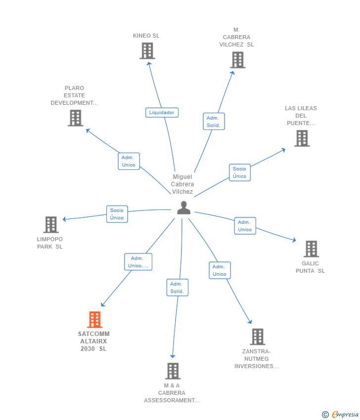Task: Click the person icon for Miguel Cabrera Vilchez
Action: pyautogui.click(x=183, y=208)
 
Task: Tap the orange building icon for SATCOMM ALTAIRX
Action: pyautogui.click(x=94, y=320)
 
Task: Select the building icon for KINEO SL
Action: pyautogui.click(x=147, y=51)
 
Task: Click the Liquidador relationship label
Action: pyautogui.click(x=162, y=113)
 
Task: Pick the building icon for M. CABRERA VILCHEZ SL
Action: pyautogui.click(x=237, y=60)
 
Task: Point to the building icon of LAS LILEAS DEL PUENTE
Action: pyautogui.click(x=302, y=138)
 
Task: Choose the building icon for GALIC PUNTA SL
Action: pyautogui.click(x=311, y=249)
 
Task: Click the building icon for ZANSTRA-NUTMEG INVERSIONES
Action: pyautogui.click(x=257, y=336)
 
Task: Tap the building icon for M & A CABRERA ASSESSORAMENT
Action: pyautogui.click(x=173, y=371)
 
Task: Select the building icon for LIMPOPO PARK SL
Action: pyautogui.click(x=51, y=225)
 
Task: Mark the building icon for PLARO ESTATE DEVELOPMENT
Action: pyautogui.click(x=75, y=118)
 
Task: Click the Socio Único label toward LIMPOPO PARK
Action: pyautogui.click(x=117, y=214)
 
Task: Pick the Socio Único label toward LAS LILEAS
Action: pyautogui.click(x=240, y=172)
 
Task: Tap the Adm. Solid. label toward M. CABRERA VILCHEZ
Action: pyautogui.click(x=214, y=122)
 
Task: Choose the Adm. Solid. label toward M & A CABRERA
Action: pyautogui.click(x=177, y=288)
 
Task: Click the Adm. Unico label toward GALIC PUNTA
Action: pyautogui.click(x=245, y=226)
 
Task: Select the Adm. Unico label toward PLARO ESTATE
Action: pyautogui.click(x=129, y=161)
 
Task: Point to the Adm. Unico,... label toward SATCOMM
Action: pyautogui.click(x=138, y=262)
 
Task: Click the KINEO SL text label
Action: pyautogui.click(x=146, y=36)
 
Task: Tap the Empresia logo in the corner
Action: pyautogui.click(x=341, y=415)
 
